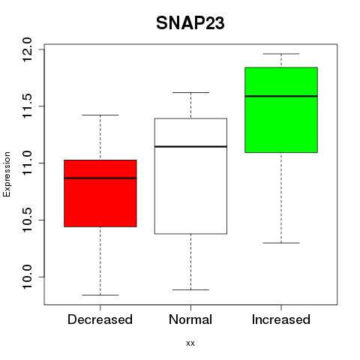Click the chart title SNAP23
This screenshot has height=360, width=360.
[190, 23]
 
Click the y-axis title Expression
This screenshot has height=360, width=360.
[7, 174]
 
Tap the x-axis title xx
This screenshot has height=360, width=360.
[190, 343]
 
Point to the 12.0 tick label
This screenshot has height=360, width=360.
[26, 49]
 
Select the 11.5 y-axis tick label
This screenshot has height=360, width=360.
[26, 106]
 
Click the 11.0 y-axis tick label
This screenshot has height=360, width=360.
[26, 163]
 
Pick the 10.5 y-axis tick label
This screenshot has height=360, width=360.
[26, 220]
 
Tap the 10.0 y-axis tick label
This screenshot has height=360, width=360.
[26, 277]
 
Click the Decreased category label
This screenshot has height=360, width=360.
[100, 319]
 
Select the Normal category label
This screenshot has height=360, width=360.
[190, 319]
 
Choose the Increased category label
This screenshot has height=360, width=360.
[281, 319]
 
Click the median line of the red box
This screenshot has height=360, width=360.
[100, 178]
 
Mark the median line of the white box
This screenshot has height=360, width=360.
[190, 146]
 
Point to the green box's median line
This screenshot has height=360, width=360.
[281, 96]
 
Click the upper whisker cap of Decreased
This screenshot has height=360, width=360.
[100, 115]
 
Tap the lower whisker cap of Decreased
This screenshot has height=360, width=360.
[100, 295]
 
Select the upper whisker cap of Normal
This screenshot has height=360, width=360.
[190, 92]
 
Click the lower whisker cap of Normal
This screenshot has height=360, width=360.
[190, 289]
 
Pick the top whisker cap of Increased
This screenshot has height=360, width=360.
[281, 54]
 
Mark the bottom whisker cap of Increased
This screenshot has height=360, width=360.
[281, 243]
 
